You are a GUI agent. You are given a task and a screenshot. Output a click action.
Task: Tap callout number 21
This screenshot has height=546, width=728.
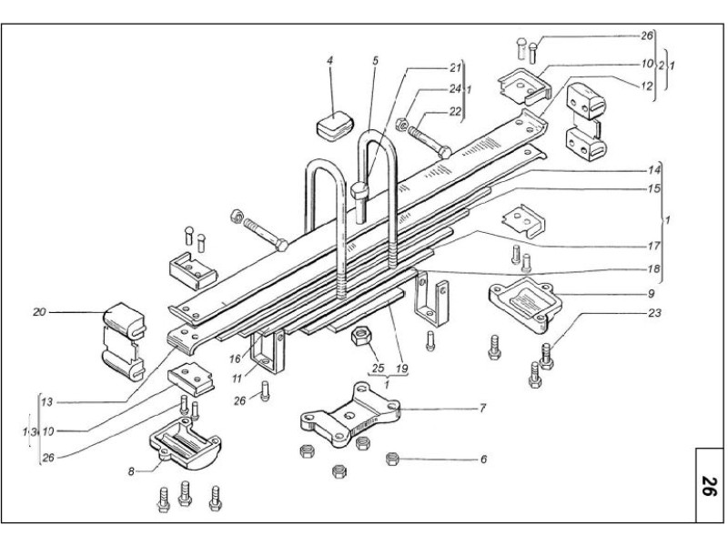pos(455,67)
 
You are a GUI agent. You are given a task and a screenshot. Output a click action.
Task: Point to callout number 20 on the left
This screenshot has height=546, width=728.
pos(39,312)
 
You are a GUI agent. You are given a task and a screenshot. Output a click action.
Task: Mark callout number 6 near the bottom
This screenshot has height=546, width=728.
pos(483,460)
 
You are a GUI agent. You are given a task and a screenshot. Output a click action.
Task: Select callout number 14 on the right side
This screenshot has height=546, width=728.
pos(652,171)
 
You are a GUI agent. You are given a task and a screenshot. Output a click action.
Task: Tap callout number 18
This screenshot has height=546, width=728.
pos(652,269)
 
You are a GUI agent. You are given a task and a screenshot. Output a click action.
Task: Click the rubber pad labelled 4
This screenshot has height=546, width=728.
pos(334,123)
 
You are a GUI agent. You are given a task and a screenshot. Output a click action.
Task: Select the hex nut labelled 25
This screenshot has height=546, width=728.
pos(359,339)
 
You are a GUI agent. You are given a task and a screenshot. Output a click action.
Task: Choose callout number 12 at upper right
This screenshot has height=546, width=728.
pos(647,86)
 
